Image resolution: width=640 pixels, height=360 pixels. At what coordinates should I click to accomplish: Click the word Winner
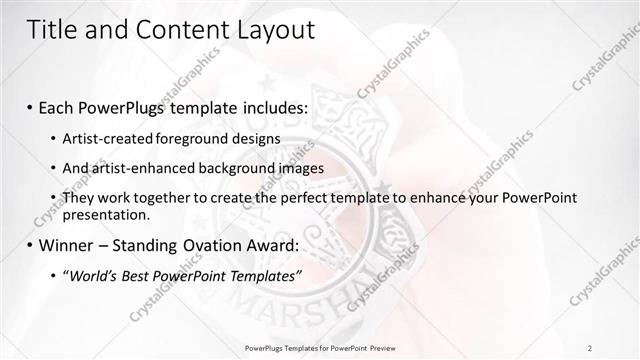67,244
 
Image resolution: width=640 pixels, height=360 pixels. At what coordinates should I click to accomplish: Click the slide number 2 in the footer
590,347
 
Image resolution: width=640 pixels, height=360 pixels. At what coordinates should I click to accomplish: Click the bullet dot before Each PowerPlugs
31,107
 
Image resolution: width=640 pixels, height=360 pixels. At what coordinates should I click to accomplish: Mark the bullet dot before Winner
31,245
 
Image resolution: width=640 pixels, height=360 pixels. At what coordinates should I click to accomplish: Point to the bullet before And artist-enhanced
53,168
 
